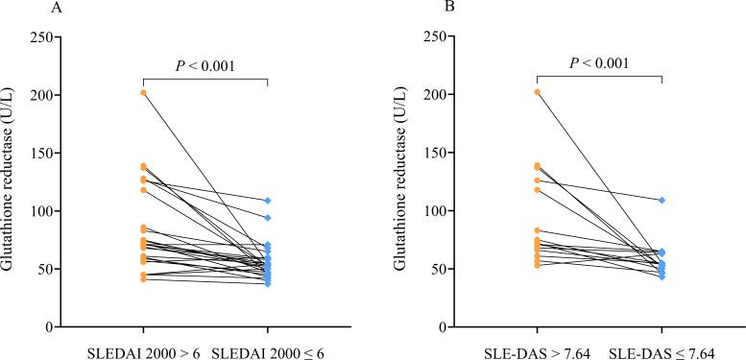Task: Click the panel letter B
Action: (x=406, y=9)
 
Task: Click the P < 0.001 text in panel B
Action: (x=599, y=64)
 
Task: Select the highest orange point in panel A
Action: (x=143, y=92)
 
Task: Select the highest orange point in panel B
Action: (x=537, y=92)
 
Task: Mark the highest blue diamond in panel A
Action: (x=268, y=201)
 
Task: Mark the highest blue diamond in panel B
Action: (x=662, y=200)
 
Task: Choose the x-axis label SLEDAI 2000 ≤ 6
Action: (x=268, y=351)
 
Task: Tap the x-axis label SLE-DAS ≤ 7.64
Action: (x=662, y=351)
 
